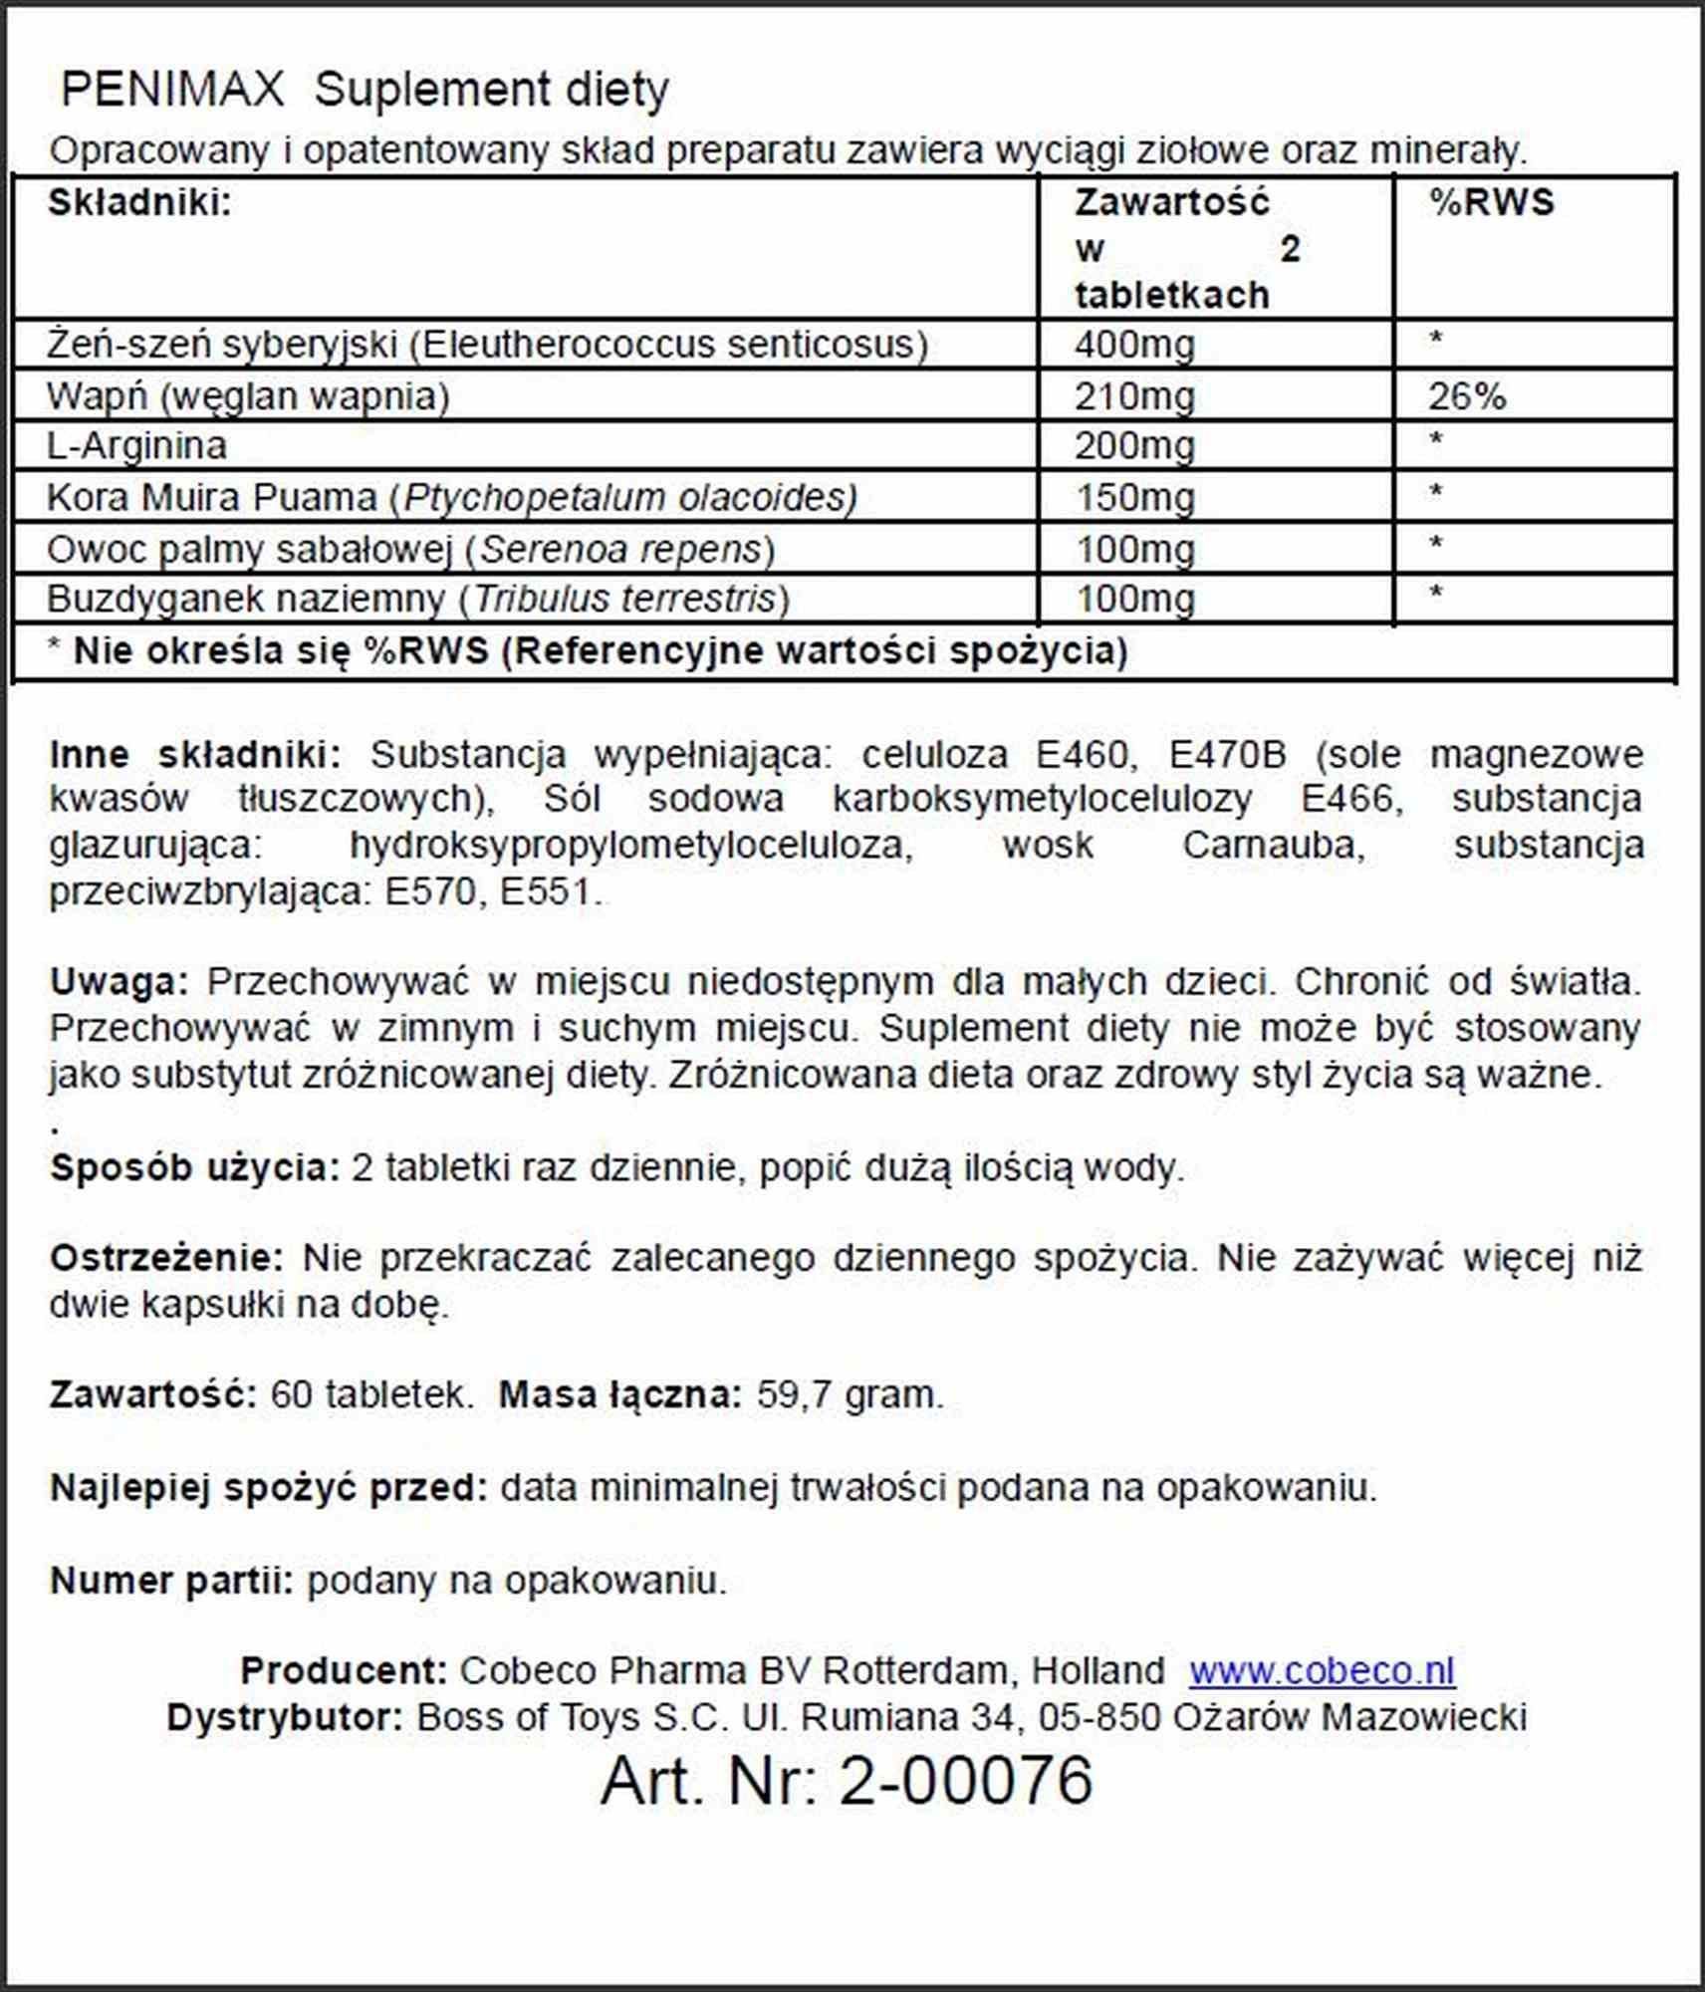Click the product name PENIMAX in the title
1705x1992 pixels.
pyautogui.click(x=172, y=90)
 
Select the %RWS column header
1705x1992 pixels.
pyautogui.click(x=1491, y=203)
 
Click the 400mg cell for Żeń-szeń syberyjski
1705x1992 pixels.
pyautogui.click(x=1133, y=346)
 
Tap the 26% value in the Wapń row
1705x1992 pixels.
pyautogui.click(x=1466, y=397)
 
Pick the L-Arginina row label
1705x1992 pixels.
pyautogui.click(x=137, y=445)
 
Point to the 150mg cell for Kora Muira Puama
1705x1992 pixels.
pyautogui.click(x=1133, y=497)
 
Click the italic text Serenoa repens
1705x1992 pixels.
pyautogui.click(x=620, y=549)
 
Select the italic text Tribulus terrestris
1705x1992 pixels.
pyautogui.click(x=623, y=599)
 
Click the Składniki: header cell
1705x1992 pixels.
pyautogui.click(x=139, y=203)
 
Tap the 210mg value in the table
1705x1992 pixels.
pyautogui.click(x=1133, y=397)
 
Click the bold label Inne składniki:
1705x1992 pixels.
pyautogui.click(x=195, y=754)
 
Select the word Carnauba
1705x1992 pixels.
pyautogui.click(x=1271, y=846)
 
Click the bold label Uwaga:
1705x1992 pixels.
pyautogui.click(x=119, y=982)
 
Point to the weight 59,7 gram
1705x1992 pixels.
pyautogui.click(x=849, y=1394)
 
